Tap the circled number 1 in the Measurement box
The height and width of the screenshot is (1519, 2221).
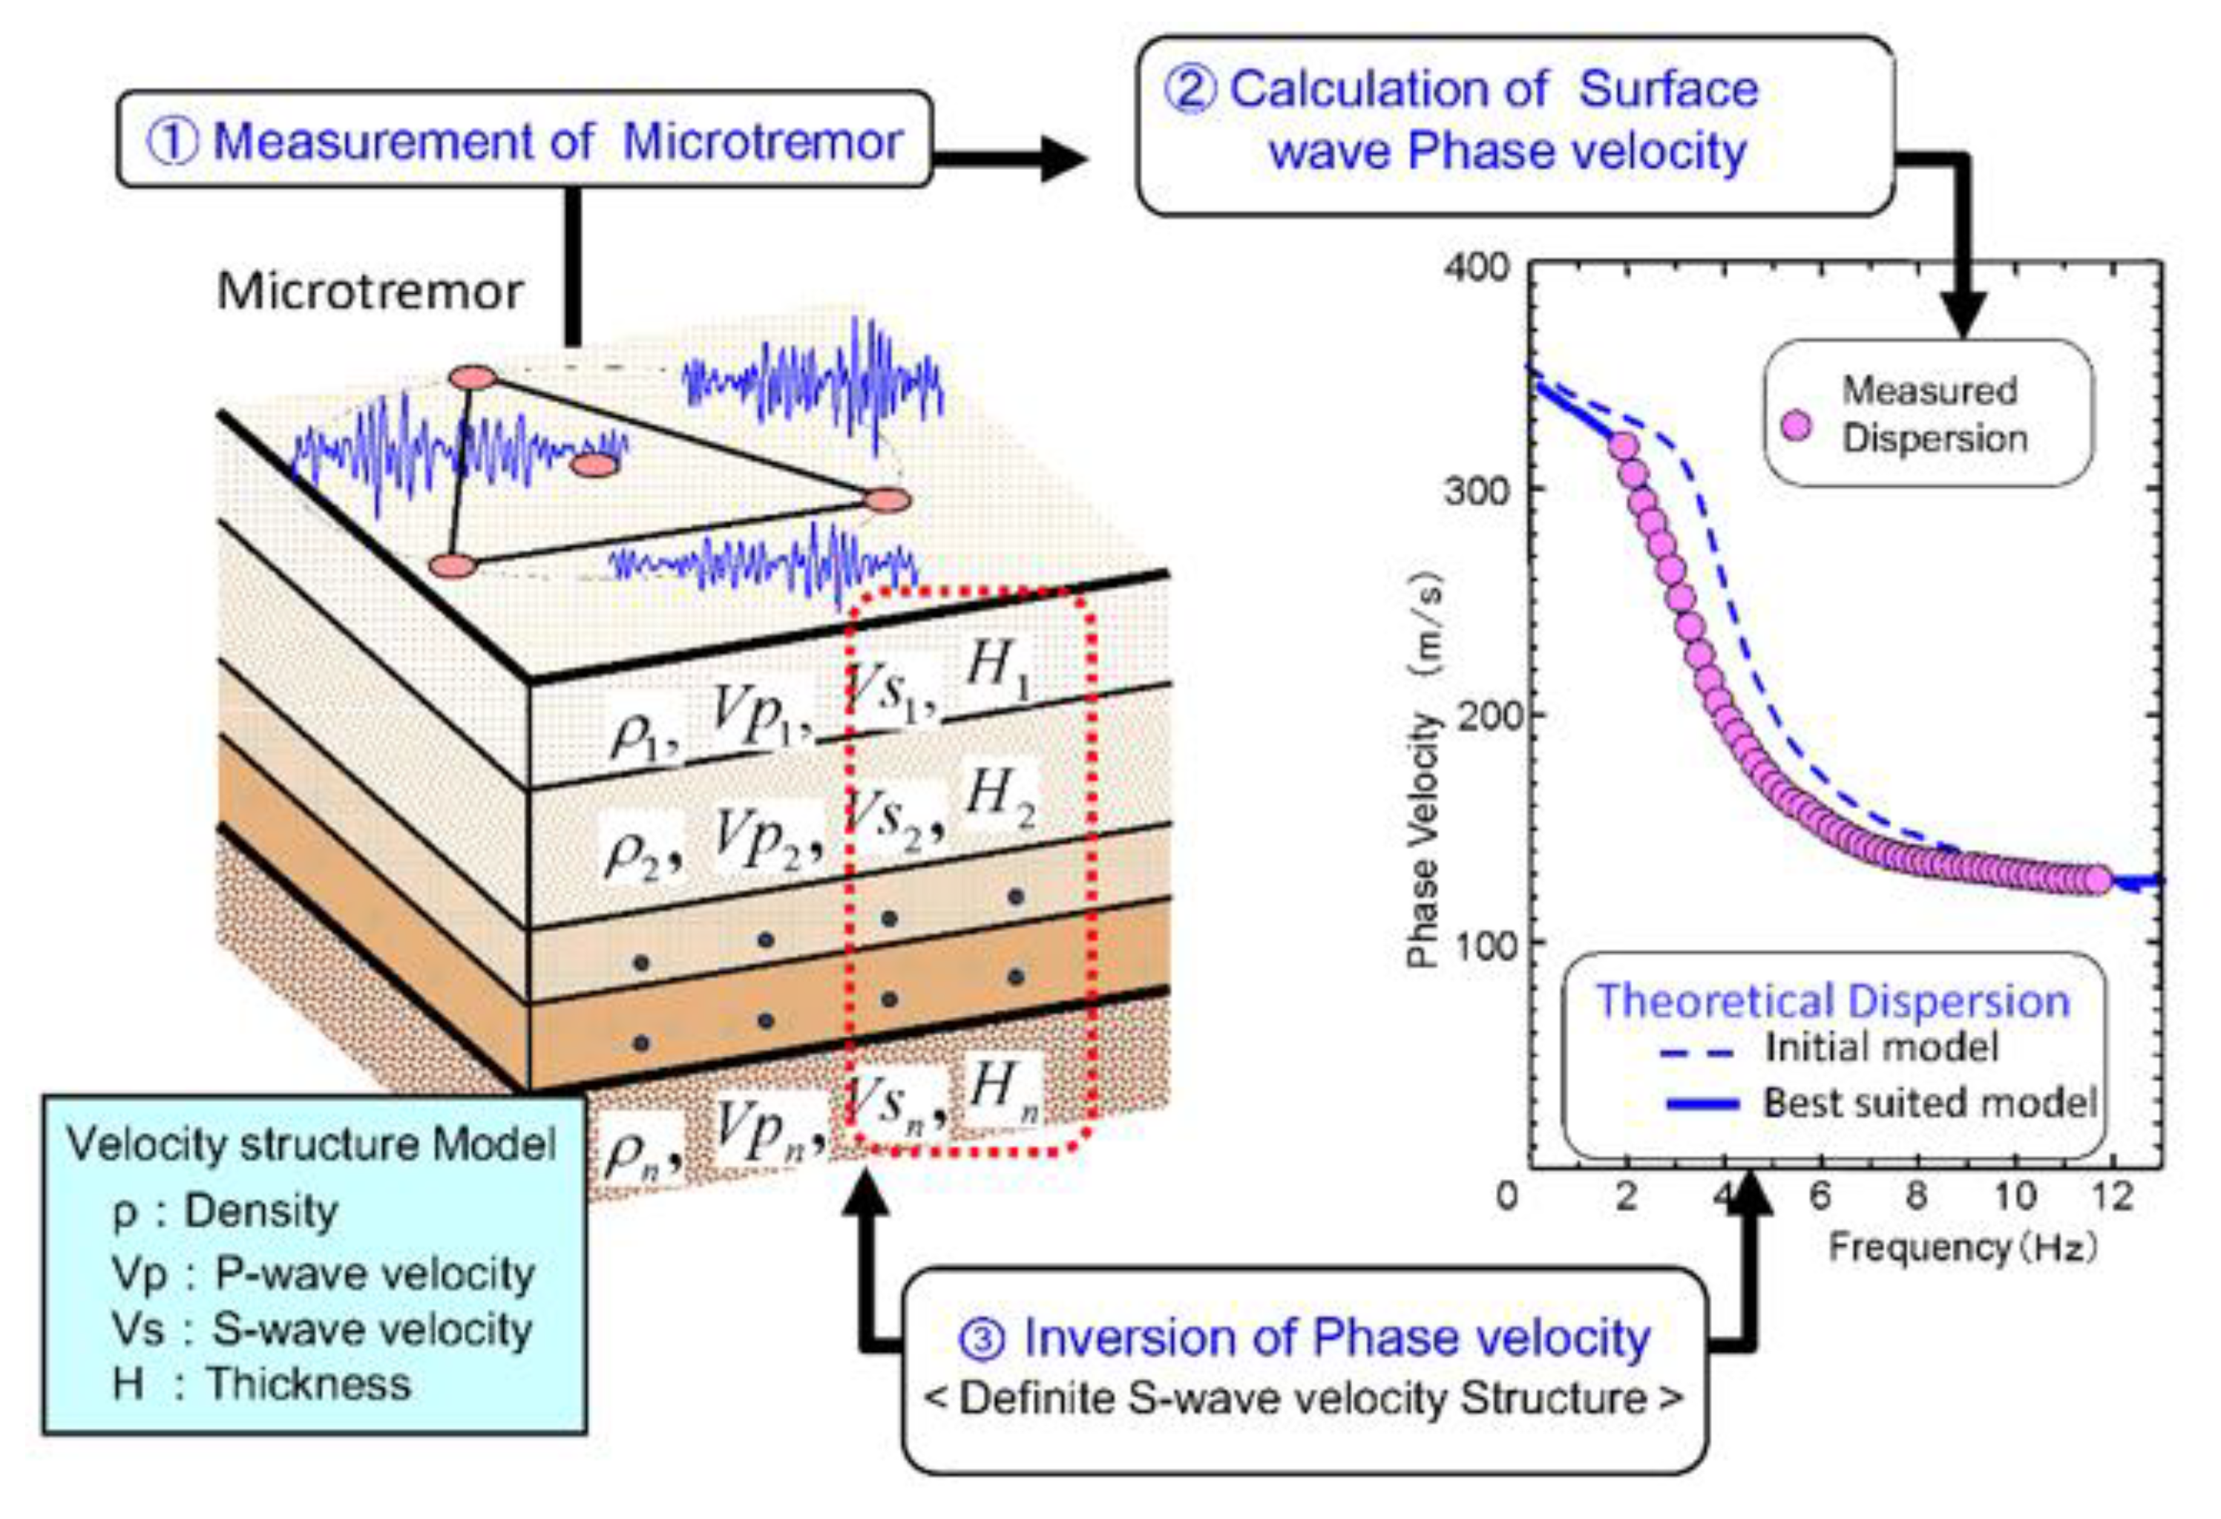click(173, 142)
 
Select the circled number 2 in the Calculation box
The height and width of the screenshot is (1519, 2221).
click(1190, 91)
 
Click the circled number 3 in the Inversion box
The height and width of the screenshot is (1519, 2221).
click(982, 1339)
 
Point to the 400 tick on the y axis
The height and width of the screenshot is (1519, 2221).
click(1477, 268)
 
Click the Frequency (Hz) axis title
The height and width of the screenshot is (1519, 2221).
click(1963, 1247)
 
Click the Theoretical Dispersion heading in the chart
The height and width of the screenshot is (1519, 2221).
click(1833, 1001)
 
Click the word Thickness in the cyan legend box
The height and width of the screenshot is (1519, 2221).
click(309, 1383)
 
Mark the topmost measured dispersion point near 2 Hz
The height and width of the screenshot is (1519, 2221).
click(1622, 445)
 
